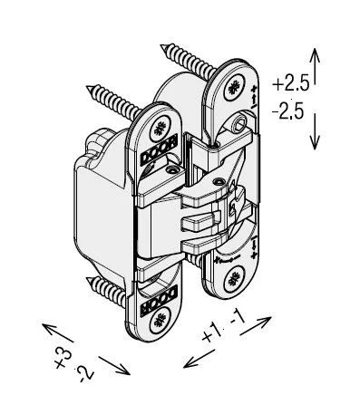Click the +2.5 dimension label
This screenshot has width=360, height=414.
[290, 84]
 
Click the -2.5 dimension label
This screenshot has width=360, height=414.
[287, 111]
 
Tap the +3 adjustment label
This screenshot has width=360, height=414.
[63, 359]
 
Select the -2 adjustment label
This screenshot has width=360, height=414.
[84, 374]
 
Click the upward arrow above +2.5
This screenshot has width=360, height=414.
[315, 66]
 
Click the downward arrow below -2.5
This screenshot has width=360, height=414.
[315, 131]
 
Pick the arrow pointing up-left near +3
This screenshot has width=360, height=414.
[57, 332]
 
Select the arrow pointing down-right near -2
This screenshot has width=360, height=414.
[114, 365]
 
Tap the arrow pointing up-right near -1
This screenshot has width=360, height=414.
[256, 326]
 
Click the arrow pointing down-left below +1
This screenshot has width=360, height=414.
[199, 359]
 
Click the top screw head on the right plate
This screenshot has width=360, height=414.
[234, 88]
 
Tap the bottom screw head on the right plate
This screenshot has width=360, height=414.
[234, 278]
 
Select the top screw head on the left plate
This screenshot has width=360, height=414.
[160, 128]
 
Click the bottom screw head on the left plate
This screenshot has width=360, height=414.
[160, 319]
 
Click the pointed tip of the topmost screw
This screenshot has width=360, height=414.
[161, 46]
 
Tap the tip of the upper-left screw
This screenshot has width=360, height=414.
[88, 87]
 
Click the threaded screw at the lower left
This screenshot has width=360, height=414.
[107, 290]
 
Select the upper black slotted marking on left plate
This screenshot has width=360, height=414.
[159, 152]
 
